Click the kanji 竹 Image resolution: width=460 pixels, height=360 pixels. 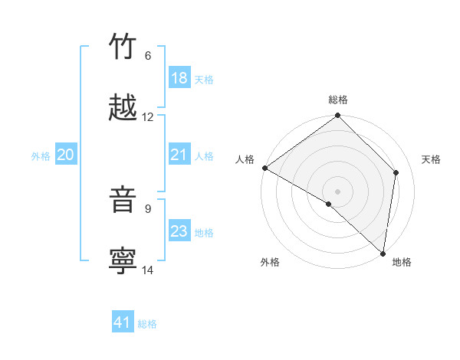[123, 47]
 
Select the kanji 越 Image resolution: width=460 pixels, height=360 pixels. [123, 107]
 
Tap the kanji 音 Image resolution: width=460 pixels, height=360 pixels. [123, 200]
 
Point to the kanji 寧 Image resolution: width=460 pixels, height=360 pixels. [123, 260]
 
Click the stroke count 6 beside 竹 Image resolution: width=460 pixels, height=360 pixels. [148, 56]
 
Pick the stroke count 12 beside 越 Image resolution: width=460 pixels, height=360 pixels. [148, 117]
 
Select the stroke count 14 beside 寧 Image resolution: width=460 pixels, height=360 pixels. [148, 270]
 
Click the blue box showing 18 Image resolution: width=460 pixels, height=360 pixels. [179, 78]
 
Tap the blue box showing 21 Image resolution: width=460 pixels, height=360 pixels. [179, 155]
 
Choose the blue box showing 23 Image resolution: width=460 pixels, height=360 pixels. [179, 231]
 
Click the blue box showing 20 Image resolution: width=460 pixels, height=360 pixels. [65, 155]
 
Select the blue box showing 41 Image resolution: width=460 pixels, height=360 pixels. [123, 322]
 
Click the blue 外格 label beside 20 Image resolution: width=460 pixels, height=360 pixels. [41, 155]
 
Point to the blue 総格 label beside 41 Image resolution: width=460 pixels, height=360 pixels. [147, 324]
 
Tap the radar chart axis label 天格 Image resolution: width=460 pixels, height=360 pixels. [431, 159]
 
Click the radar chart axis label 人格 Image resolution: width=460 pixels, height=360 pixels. [245, 159]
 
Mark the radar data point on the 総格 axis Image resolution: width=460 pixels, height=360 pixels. [337, 116]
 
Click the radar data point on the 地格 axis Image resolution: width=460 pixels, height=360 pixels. [383, 254]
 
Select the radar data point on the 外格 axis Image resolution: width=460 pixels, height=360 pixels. [329, 204]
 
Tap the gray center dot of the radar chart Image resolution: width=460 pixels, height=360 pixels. [337, 191]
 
